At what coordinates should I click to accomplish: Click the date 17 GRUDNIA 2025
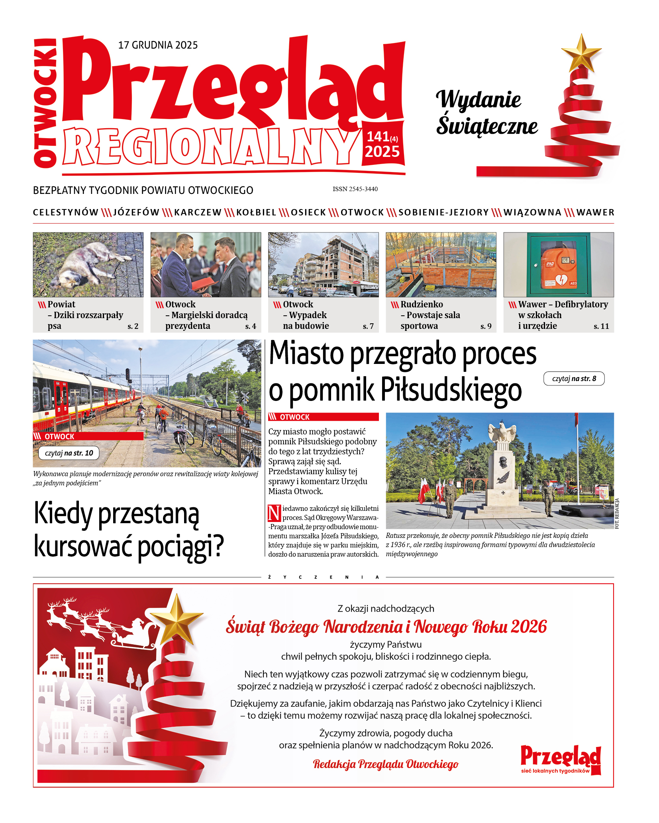pos(158,45)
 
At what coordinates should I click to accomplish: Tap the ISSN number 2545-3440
pos(355,189)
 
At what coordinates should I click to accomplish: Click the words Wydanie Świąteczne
pos(486,113)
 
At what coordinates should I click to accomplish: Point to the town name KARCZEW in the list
pos(198,213)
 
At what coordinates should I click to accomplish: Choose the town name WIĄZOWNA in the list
pos(532,213)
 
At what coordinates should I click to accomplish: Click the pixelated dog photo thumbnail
pos(88,265)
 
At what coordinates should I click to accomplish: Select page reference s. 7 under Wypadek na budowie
pos(368,326)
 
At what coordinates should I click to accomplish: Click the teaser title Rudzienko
pos(422,305)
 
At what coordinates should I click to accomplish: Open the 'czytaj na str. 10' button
pos(69,453)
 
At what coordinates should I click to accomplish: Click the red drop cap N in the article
pos(274,513)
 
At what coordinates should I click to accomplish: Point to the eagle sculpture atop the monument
pos(502,432)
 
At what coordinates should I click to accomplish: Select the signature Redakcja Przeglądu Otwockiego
pos(386,764)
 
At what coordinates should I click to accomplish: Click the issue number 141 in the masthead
pos(378,137)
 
